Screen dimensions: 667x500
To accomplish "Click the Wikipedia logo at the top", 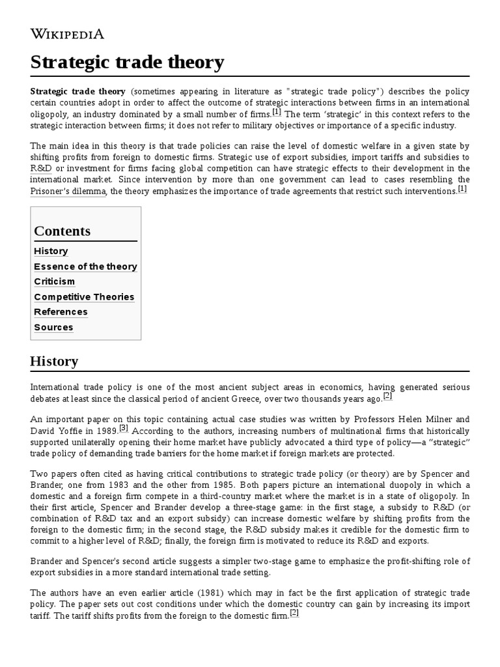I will [x=67, y=34].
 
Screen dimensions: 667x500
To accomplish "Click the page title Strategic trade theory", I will [x=128, y=62].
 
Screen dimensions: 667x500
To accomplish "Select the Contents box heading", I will [x=62, y=231].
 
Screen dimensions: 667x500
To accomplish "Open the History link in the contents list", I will [x=51, y=251].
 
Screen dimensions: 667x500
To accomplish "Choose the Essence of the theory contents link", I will [x=85, y=266].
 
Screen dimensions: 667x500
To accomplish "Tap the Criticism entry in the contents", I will [x=54, y=281].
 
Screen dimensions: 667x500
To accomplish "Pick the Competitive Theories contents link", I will [x=84, y=297].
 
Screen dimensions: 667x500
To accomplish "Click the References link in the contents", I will [x=61, y=312].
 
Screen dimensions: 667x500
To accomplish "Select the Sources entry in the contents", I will [x=53, y=328].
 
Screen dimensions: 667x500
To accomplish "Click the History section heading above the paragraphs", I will [x=54, y=361].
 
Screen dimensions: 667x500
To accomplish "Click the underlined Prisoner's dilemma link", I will [x=68, y=192].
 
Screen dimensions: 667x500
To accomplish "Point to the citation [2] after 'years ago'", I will [x=387, y=395].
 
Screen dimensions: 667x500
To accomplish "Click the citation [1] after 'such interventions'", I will [x=462, y=189].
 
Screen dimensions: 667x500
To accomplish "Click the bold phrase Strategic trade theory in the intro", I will [x=77, y=91].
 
